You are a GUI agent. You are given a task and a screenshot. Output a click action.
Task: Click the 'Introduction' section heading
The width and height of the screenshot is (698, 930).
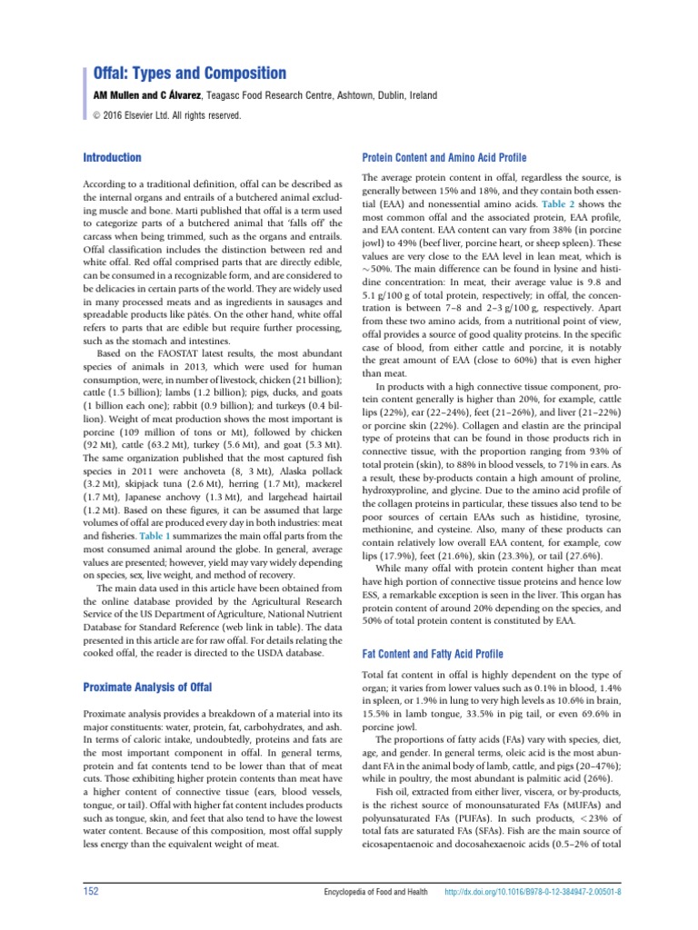113,157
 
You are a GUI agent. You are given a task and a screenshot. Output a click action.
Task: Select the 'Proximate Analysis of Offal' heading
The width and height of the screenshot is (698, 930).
147,687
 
